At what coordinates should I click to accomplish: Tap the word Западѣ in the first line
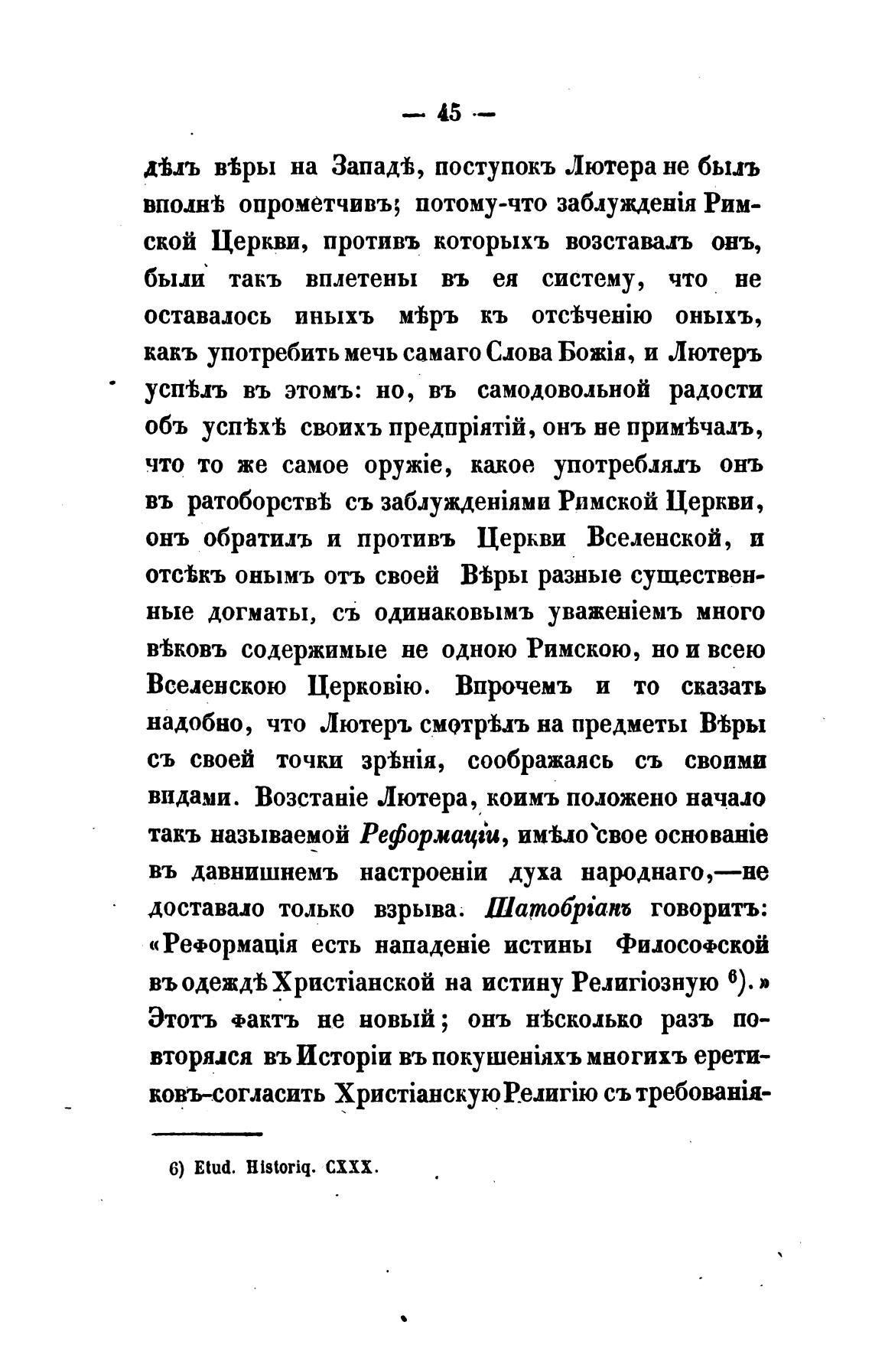click(373, 168)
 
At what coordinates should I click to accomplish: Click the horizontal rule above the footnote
click(207, 1134)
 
